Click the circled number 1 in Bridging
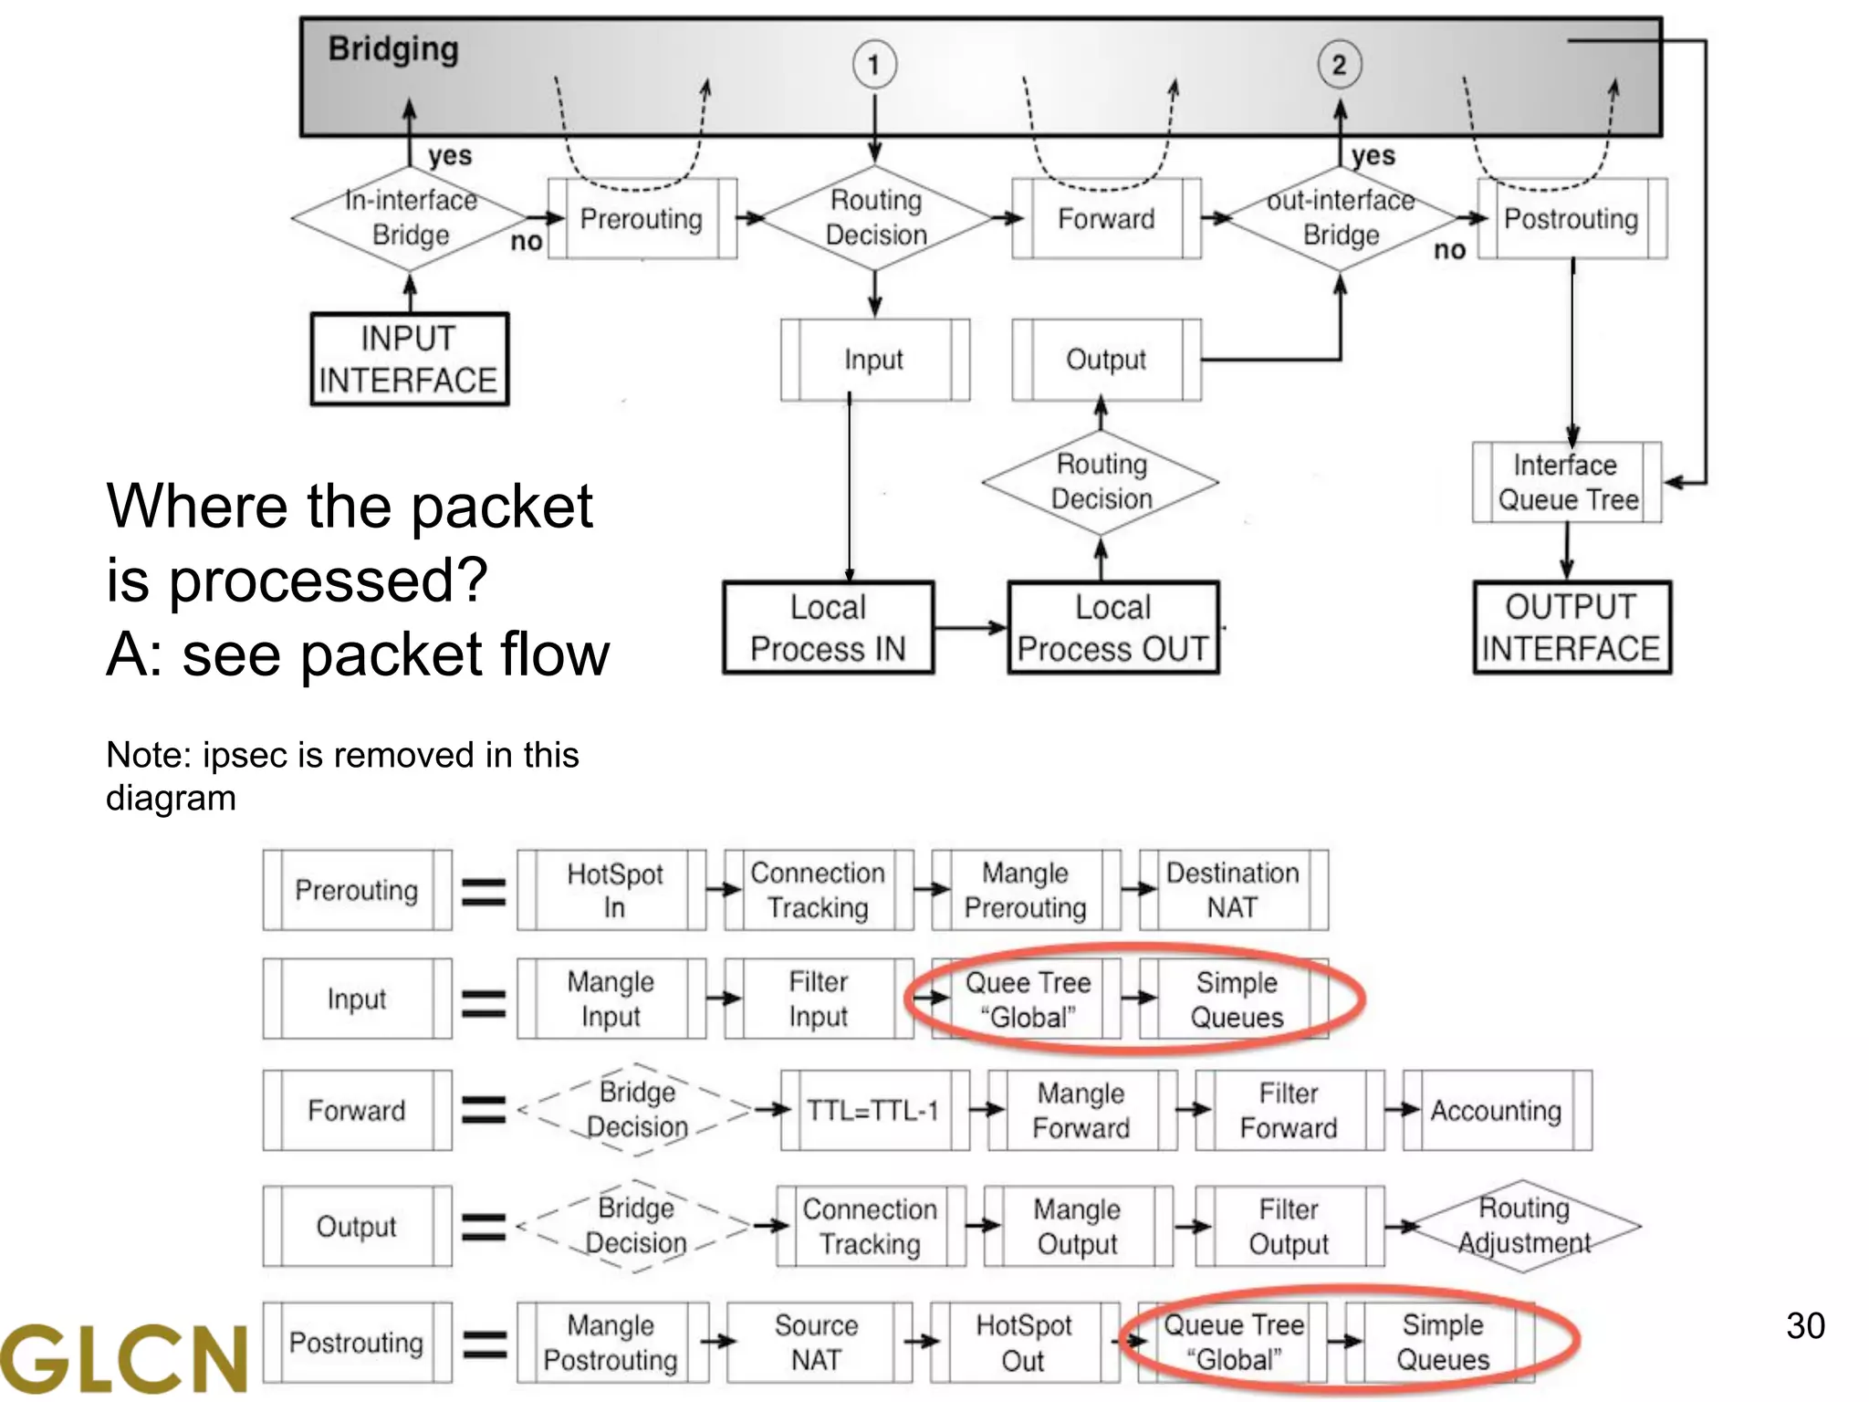click(x=874, y=65)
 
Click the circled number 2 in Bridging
click(x=1339, y=65)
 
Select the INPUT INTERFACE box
click(x=409, y=359)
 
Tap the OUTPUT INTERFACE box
click(x=1571, y=628)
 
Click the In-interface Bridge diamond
click(x=410, y=218)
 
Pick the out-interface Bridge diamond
click(x=1340, y=218)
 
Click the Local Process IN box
click(x=828, y=628)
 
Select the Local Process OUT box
click(x=1112, y=628)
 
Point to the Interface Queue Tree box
click(x=1567, y=482)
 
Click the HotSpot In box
click(x=612, y=890)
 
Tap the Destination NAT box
click(x=1233, y=890)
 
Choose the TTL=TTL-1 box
click(x=873, y=1110)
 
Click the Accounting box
click(x=1497, y=1110)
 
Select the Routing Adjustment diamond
click(x=1524, y=1226)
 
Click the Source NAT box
click(x=817, y=1342)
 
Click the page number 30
click(x=1804, y=1325)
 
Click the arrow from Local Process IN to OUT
click(x=970, y=628)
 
